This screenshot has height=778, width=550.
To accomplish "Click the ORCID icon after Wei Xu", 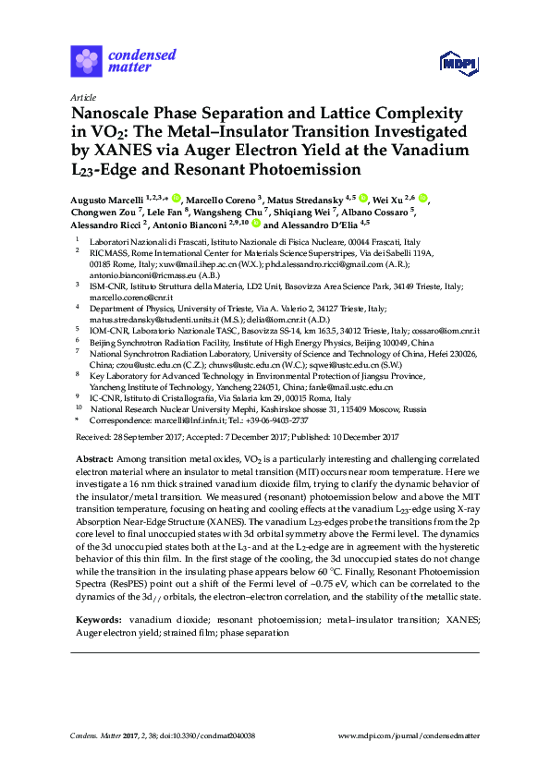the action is click(x=423, y=198).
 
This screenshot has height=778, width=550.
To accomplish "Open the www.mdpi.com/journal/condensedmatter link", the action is click(x=409, y=735).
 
